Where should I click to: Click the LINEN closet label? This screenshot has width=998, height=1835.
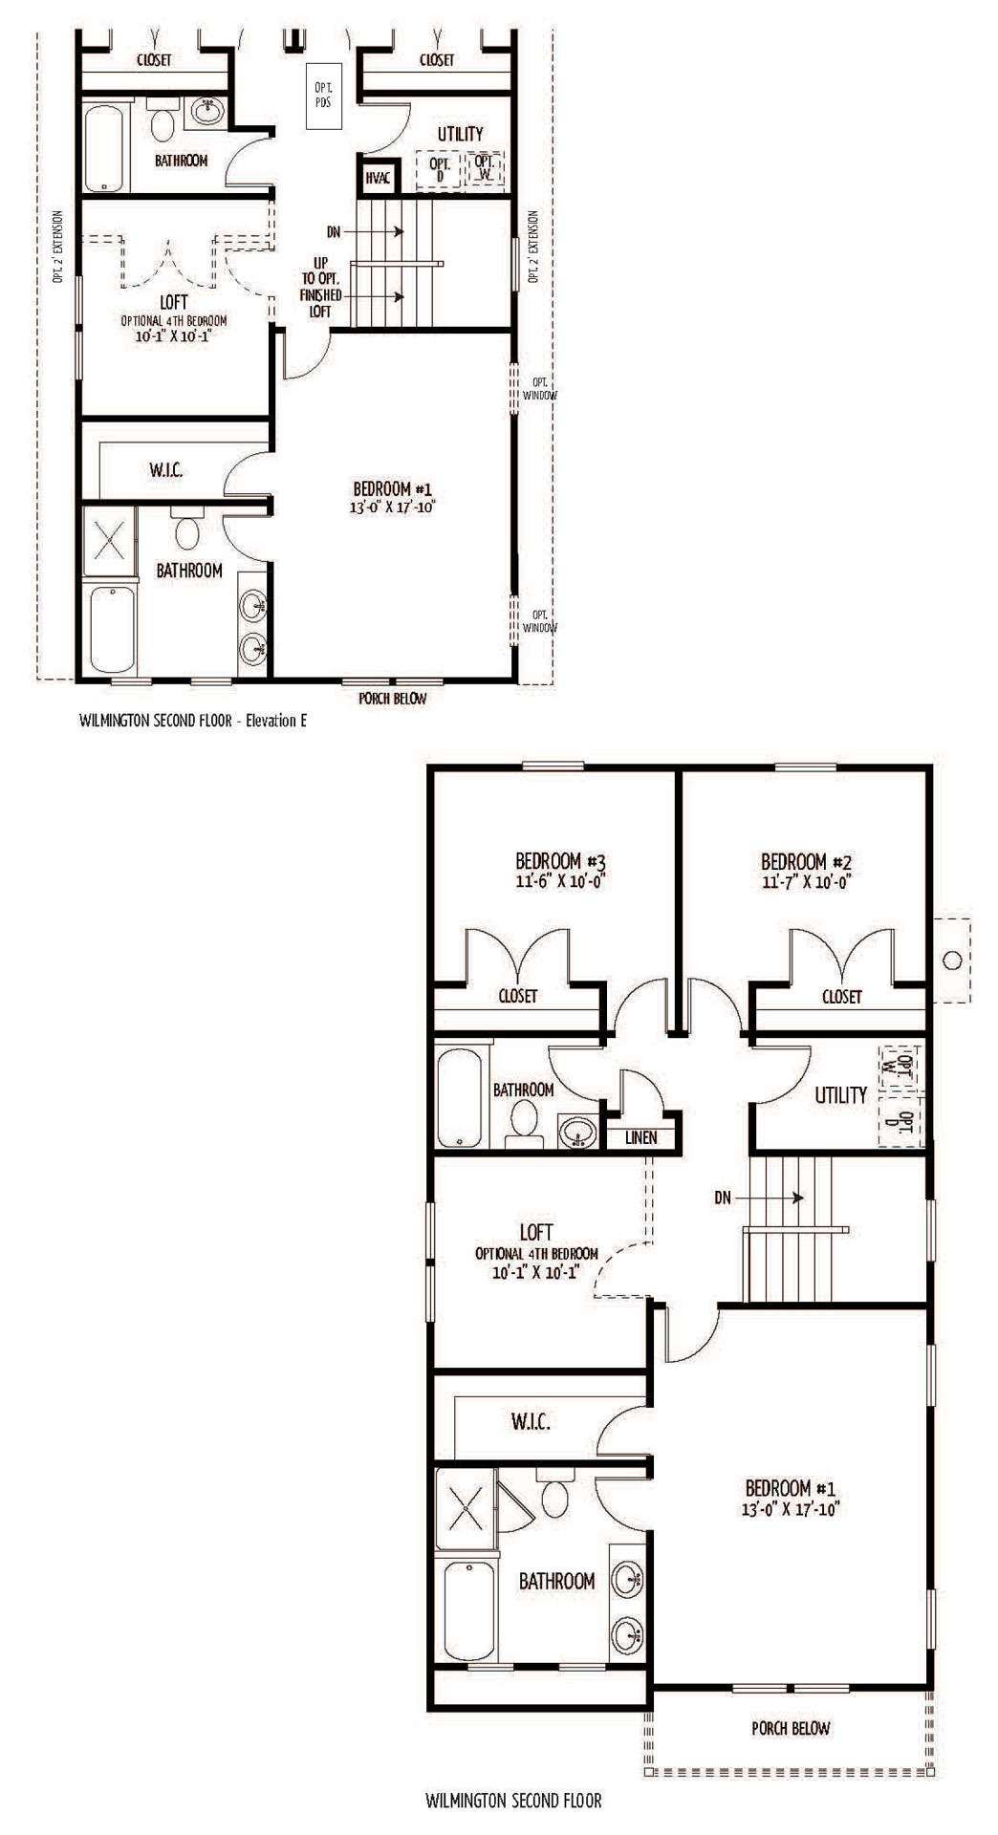click(641, 1137)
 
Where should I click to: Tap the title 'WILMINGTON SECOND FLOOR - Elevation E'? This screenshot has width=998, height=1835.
click(194, 723)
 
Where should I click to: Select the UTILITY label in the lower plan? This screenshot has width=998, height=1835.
click(840, 1095)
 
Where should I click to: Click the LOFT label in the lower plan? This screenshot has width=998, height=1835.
click(536, 1233)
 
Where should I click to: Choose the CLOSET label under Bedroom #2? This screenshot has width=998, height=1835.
click(841, 997)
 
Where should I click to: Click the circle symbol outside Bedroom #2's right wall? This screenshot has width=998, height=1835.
click(951, 960)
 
